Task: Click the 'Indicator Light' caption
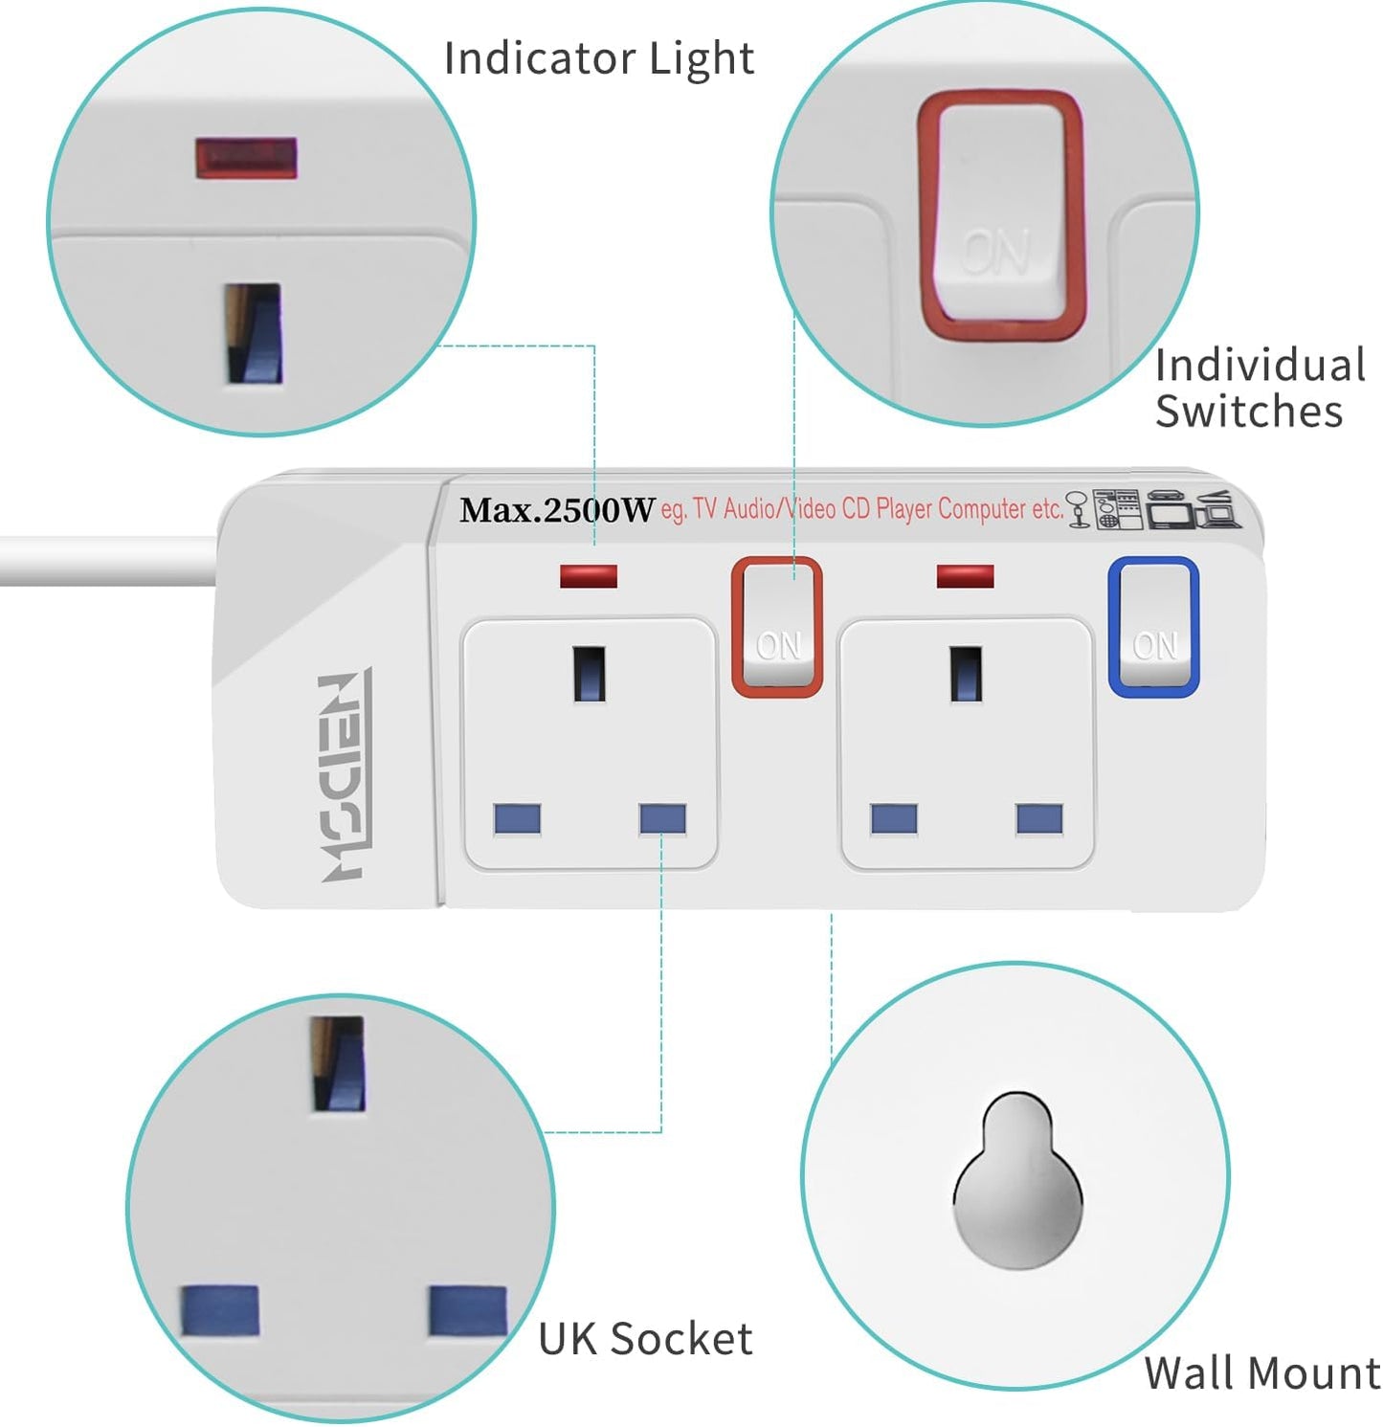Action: [x=599, y=58]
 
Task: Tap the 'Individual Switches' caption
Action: [x=1258, y=389]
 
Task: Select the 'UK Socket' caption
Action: [x=645, y=1339]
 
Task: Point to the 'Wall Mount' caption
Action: [x=1261, y=1373]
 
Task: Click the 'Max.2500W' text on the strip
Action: [x=557, y=510]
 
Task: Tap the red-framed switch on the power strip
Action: [x=777, y=626]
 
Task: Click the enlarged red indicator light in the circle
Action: [x=246, y=159]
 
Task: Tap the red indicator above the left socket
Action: [x=588, y=576]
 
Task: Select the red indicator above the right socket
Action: [x=965, y=576]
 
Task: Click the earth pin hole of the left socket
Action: [x=589, y=675]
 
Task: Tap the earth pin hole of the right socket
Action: [x=966, y=675]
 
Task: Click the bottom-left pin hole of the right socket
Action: [x=894, y=819]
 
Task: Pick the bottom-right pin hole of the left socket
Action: [x=662, y=819]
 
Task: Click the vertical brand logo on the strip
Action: [x=344, y=776]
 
